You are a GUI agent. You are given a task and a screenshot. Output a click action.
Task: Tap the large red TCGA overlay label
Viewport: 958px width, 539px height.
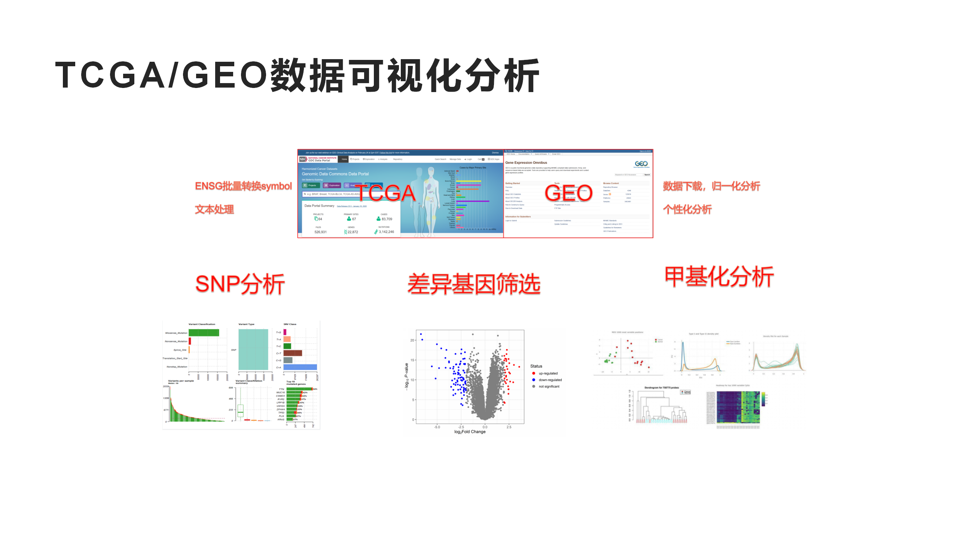coord(385,193)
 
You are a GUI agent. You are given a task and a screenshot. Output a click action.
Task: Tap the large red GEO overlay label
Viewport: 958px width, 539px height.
coord(568,193)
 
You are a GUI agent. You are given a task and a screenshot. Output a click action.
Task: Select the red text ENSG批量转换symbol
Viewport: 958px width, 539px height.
coord(243,186)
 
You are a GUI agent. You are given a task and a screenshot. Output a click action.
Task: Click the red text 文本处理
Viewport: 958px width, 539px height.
coord(214,209)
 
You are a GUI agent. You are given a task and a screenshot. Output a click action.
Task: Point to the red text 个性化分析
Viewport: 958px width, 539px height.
coord(687,209)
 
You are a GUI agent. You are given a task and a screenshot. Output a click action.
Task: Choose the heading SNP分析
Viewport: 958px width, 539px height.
coord(240,284)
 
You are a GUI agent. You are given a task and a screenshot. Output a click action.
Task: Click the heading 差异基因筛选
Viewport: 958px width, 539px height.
coord(474,284)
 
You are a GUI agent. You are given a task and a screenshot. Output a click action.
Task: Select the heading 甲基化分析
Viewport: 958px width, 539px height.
coord(719,277)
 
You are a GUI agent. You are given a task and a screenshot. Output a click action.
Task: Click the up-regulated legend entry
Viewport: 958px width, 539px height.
coord(548,373)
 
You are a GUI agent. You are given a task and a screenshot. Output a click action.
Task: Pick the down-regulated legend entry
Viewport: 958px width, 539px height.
coord(550,380)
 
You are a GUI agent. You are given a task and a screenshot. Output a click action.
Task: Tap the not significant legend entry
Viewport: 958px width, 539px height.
coord(549,386)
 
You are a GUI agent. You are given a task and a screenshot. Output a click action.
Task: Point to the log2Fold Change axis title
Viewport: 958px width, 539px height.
coord(470,432)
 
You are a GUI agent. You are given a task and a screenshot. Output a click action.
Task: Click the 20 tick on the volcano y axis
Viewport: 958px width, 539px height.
coord(412,340)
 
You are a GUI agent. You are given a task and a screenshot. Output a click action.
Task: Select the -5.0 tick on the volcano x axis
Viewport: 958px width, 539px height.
coord(437,427)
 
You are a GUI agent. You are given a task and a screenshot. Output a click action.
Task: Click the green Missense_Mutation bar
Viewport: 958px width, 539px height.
coord(204,333)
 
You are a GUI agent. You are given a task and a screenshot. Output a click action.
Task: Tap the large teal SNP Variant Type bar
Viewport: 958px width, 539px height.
coord(253,350)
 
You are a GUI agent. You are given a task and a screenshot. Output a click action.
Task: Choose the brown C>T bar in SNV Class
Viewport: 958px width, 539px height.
coord(292,353)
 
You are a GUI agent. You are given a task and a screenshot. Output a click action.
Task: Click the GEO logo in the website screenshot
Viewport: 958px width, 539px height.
coord(641,164)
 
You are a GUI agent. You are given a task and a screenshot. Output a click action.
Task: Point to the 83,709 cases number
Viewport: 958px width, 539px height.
coord(387,219)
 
